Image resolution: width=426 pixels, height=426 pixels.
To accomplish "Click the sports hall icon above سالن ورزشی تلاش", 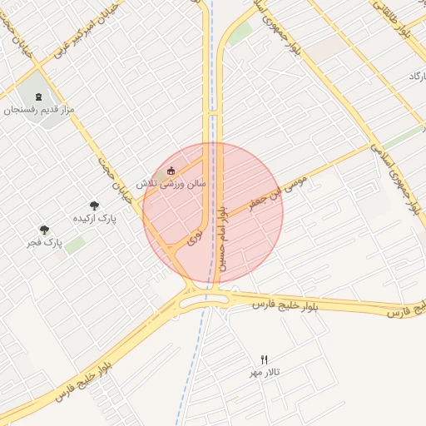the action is coord(171,171).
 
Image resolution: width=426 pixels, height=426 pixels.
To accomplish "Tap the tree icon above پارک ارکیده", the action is coord(94,205).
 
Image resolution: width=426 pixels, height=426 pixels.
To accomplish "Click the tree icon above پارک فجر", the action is coord(45,230).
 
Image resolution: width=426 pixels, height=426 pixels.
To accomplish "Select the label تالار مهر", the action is coord(265,371).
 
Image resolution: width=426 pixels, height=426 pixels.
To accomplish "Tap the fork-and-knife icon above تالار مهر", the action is coord(265,359).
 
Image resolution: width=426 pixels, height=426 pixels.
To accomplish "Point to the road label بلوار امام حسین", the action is coord(218,241).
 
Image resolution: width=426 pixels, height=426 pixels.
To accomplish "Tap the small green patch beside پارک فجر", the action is coord(76,245).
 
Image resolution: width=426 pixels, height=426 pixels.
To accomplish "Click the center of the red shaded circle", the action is coord(213,212).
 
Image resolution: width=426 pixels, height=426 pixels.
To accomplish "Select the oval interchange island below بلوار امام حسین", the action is coord(204,304).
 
